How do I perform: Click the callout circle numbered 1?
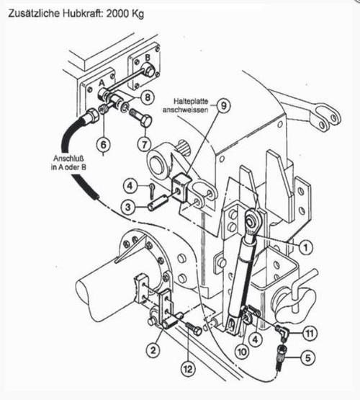[306, 246]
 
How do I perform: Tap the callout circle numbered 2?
[153, 350]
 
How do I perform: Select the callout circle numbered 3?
[128, 207]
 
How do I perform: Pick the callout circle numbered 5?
[307, 357]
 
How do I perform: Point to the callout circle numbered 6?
[103, 145]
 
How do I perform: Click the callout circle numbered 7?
[145, 144]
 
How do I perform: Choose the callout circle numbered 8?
[147, 97]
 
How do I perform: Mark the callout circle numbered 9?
[223, 105]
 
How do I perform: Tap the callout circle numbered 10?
[242, 352]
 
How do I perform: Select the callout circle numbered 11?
[310, 333]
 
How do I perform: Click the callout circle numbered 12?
[188, 369]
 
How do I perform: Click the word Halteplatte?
[191, 102]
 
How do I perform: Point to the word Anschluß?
[68, 159]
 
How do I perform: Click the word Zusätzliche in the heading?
[35, 13]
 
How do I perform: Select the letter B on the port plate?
[148, 58]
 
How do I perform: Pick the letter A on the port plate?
[102, 83]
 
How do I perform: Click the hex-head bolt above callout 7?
[141, 119]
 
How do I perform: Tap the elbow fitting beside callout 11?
[282, 331]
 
